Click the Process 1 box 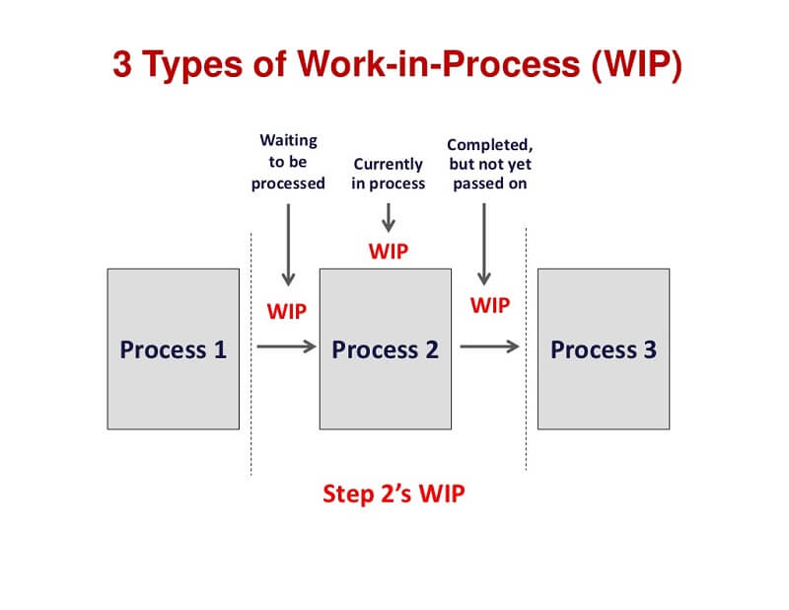coord(173,348)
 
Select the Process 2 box coord(385,348)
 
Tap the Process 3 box coord(603,348)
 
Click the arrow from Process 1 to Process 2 coord(286,346)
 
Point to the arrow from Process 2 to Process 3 coord(489,346)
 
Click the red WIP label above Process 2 coord(389,251)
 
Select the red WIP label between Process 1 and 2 coord(287,311)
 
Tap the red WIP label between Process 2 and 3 coord(490,305)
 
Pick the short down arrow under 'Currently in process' coord(389,216)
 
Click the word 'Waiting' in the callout coord(288,141)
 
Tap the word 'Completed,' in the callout coord(490,144)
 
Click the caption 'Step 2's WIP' coord(394,494)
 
